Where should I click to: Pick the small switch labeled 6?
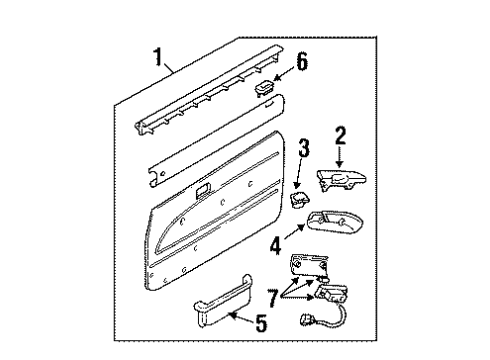coord(268,88)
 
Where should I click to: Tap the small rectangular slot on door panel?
coord(203,190)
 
